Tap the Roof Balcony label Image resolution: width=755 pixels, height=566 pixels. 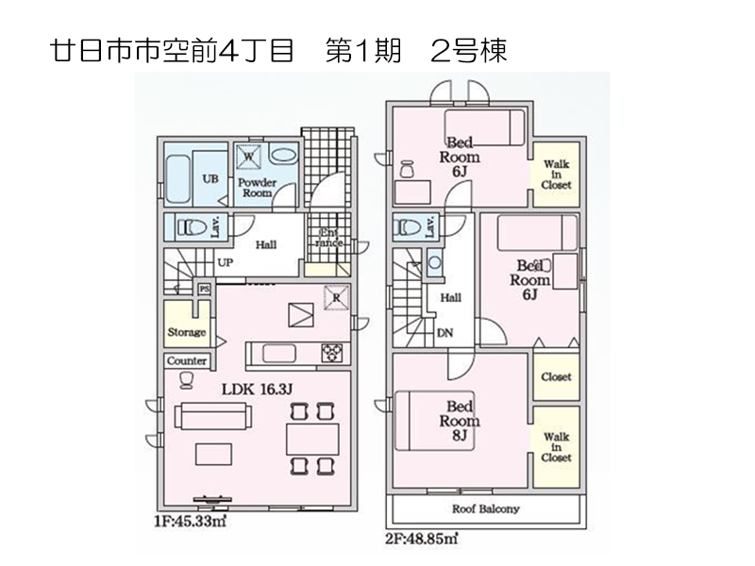[485, 508]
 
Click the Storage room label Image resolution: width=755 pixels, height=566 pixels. [187, 332]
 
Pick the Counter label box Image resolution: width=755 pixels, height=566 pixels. [187, 361]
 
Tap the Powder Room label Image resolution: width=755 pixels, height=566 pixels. [256, 187]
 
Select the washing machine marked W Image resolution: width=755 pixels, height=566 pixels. [249, 156]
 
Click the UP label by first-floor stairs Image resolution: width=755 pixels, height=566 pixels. [226, 263]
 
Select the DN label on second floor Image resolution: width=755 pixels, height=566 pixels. [444, 331]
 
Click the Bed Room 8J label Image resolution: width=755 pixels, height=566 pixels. [461, 422]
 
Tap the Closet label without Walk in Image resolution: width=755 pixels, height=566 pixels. [556, 376]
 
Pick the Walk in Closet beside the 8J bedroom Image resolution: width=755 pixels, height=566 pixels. [556, 447]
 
